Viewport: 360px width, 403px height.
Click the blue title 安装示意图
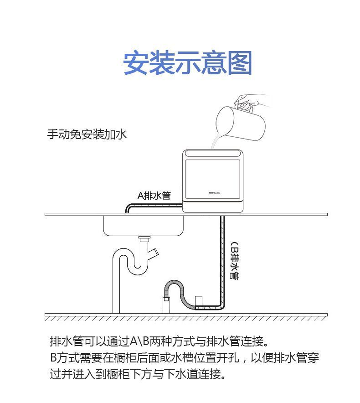pos(187,63)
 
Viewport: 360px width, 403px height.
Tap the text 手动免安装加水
pos(87,134)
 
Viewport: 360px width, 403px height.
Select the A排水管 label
pos(154,196)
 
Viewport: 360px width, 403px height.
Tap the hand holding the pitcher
pos(249,101)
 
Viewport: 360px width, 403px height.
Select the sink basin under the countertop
pos(143,226)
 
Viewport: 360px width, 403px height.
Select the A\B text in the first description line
pos(140,341)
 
